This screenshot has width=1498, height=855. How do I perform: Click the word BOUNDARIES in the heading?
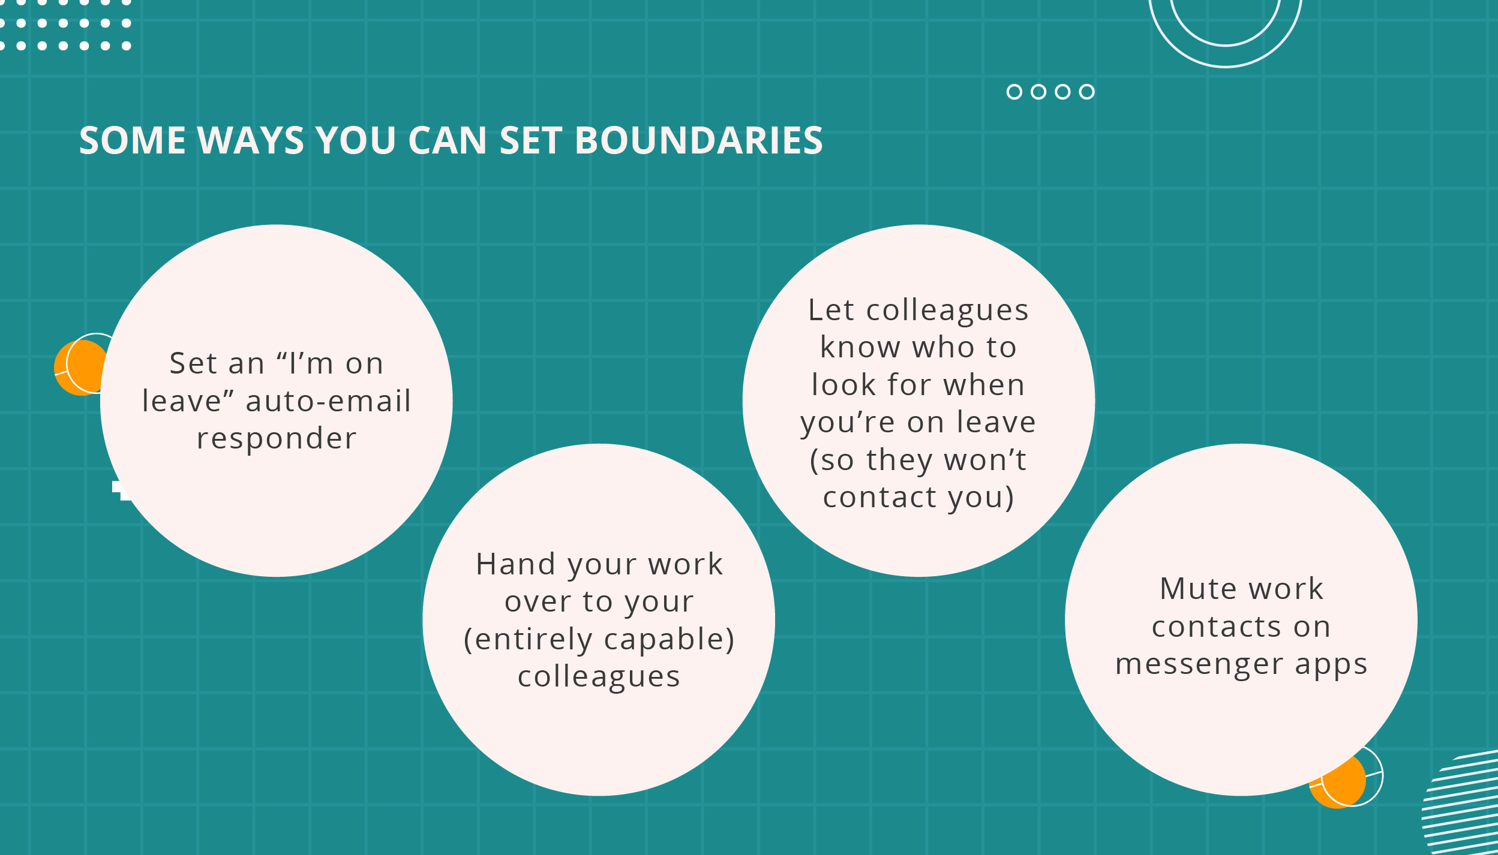[x=699, y=141]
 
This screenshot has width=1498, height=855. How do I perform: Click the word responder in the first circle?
[x=277, y=439]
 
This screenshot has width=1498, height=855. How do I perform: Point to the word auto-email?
[x=328, y=401]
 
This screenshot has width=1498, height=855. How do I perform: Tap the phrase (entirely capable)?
[x=599, y=640]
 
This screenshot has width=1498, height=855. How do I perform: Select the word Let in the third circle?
[x=831, y=311]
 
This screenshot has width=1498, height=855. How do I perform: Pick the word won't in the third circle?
[x=985, y=460]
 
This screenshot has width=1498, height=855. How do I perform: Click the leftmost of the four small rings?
[x=1014, y=92]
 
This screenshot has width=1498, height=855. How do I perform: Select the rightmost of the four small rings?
[x=1086, y=92]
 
